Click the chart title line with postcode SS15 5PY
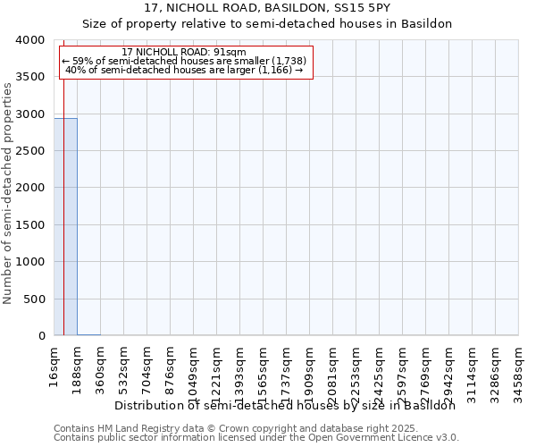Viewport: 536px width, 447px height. click(267, 8)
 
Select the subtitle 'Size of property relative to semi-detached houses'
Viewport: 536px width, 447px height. click(267, 24)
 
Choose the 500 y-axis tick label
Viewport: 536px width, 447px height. click(34, 299)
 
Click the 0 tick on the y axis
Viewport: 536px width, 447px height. click(41, 336)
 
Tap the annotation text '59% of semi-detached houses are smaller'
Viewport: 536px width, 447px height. click(185, 61)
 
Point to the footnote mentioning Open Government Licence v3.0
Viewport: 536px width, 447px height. click(256, 438)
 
